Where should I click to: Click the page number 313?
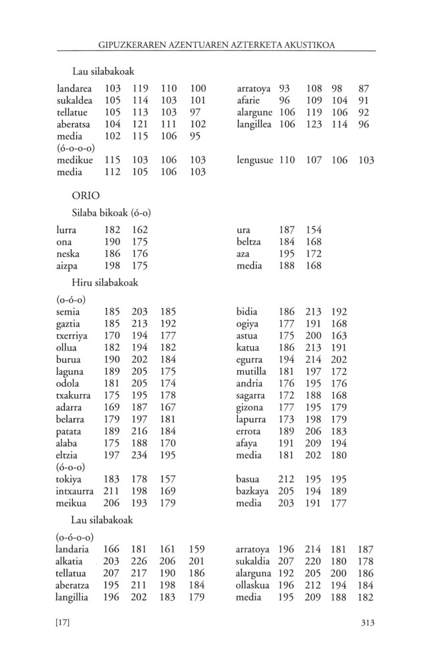pos(366,623)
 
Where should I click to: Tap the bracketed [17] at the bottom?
pos(63,623)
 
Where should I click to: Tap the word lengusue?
pos(255,160)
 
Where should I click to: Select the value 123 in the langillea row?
pos(314,124)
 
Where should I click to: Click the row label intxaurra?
pos(75,492)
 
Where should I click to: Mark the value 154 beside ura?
pos(314,230)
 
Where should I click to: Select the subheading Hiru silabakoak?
pos(106,283)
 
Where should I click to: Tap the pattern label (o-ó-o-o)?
pos(74,537)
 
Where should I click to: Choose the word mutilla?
pos(251,371)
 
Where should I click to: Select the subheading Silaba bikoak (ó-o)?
pos(111,213)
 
